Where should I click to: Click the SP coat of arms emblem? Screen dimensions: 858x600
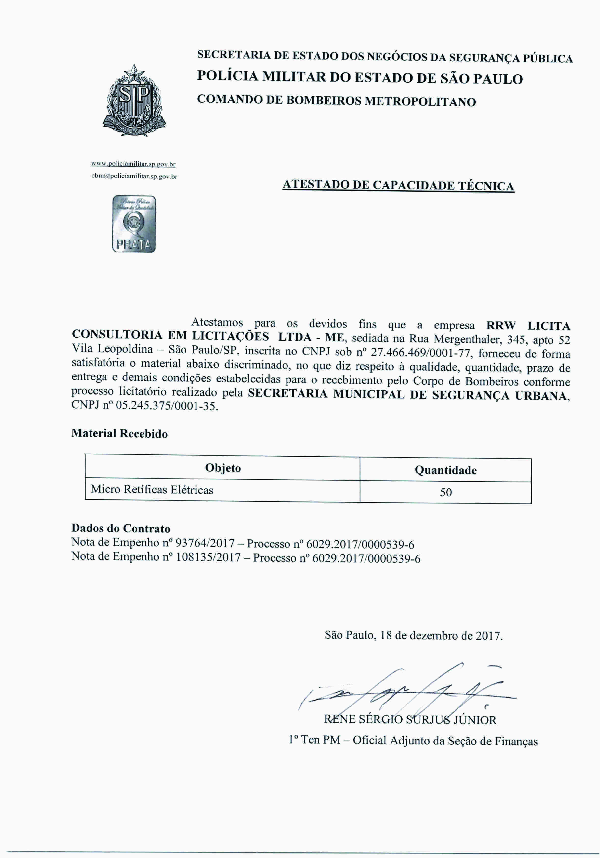pos(134,101)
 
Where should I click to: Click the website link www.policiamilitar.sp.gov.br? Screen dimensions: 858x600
pos(133,164)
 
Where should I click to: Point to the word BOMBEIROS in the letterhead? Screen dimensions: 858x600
pos(323,101)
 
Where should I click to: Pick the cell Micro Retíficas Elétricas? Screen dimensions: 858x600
pos(152,490)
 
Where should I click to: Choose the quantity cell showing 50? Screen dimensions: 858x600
pos(446,492)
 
